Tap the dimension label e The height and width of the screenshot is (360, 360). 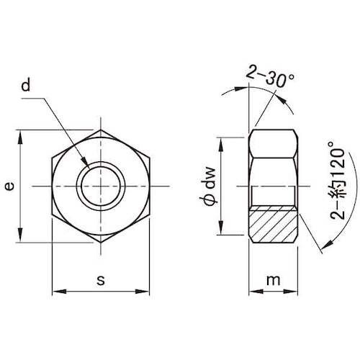pos(9,186)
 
